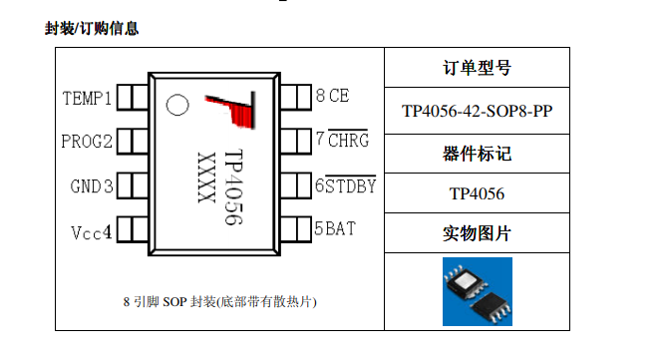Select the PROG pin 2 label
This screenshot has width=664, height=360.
(87, 141)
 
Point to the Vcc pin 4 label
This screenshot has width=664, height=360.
(91, 231)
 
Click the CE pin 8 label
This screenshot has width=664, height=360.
(332, 97)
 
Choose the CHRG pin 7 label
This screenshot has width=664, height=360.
(342, 141)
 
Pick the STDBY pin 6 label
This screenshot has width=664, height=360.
(345, 184)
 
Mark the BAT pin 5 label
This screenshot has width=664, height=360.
(335, 228)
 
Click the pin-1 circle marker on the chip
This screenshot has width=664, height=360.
(177, 103)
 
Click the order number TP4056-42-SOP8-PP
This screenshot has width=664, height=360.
(477, 111)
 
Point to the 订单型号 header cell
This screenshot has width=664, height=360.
(477, 69)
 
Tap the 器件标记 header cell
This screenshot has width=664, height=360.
(477, 154)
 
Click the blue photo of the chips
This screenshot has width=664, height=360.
(477, 291)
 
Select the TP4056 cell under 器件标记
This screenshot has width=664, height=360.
(477, 194)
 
